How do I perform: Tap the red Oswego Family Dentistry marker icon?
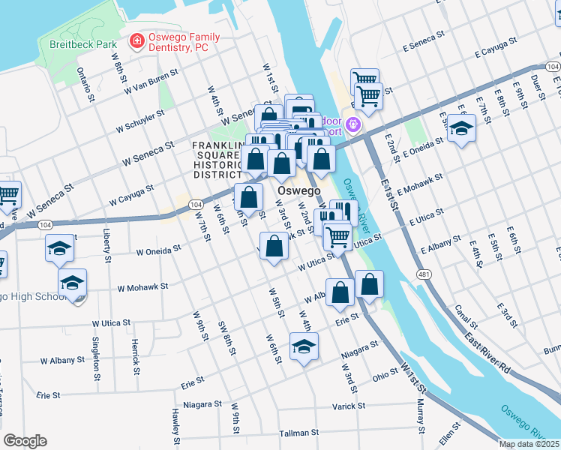(137, 40)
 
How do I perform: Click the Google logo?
(25, 441)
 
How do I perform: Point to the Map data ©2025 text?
(529, 444)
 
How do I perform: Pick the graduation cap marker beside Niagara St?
(304, 346)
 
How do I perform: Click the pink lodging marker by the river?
(352, 124)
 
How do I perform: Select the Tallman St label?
(278, 433)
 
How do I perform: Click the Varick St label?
(351, 406)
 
